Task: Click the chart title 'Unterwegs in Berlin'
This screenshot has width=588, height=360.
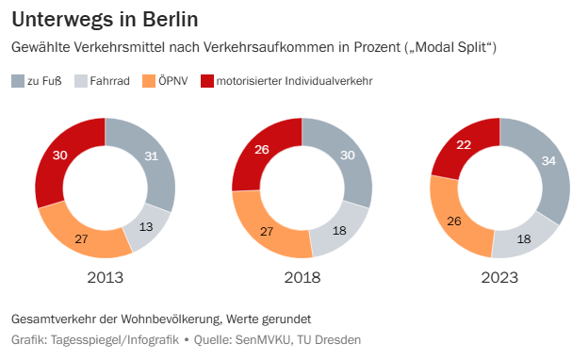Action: (x=105, y=19)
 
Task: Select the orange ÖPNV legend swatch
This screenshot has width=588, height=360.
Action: (x=147, y=81)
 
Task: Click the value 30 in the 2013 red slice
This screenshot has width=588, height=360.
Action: (x=61, y=155)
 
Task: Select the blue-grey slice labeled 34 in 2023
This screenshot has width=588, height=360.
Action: (x=547, y=162)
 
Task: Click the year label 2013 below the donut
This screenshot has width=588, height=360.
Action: (x=105, y=278)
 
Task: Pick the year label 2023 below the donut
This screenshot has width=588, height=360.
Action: (x=499, y=278)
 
